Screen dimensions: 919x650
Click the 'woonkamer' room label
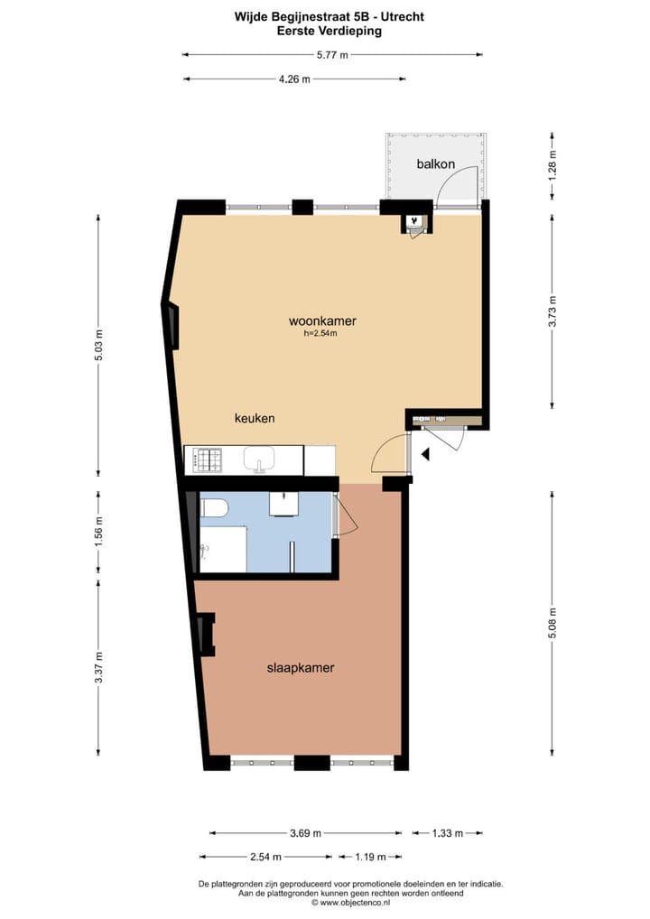pyautogui.click(x=322, y=320)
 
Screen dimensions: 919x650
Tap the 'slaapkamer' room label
pyautogui.click(x=301, y=668)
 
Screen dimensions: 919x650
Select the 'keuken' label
pyautogui.click(x=255, y=419)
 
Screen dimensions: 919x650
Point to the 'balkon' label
pyautogui.click(x=435, y=164)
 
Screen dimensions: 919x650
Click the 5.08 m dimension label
pyautogui.click(x=552, y=624)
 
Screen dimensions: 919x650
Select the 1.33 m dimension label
pyautogui.click(x=448, y=833)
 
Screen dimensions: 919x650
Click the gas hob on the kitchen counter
pyautogui.click(x=209, y=461)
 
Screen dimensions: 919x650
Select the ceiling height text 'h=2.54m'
pyautogui.click(x=320, y=334)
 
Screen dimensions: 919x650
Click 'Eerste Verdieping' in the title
pyautogui.click(x=330, y=30)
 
